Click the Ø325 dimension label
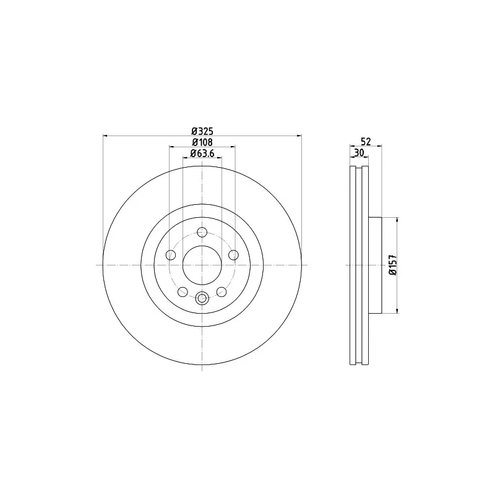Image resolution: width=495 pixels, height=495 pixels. click(x=202, y=131)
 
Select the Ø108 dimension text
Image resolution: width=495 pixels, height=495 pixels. click(x=202, y=142)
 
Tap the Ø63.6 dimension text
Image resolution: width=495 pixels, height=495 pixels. click(x=202, y=153)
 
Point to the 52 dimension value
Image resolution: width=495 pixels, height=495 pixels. click(x=366, y=141)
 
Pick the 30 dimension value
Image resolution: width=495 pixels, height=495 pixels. click(x=359, y=153)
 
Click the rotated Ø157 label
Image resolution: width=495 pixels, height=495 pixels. click(x=392, y=265)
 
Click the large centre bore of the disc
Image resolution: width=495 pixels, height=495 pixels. click(x=202, y=265)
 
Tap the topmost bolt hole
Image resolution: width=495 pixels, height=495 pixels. click(x=202, y=233)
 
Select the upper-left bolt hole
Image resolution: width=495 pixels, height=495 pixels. click(x=171, y=255)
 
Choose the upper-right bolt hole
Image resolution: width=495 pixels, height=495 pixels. click(x=233, y=255)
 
